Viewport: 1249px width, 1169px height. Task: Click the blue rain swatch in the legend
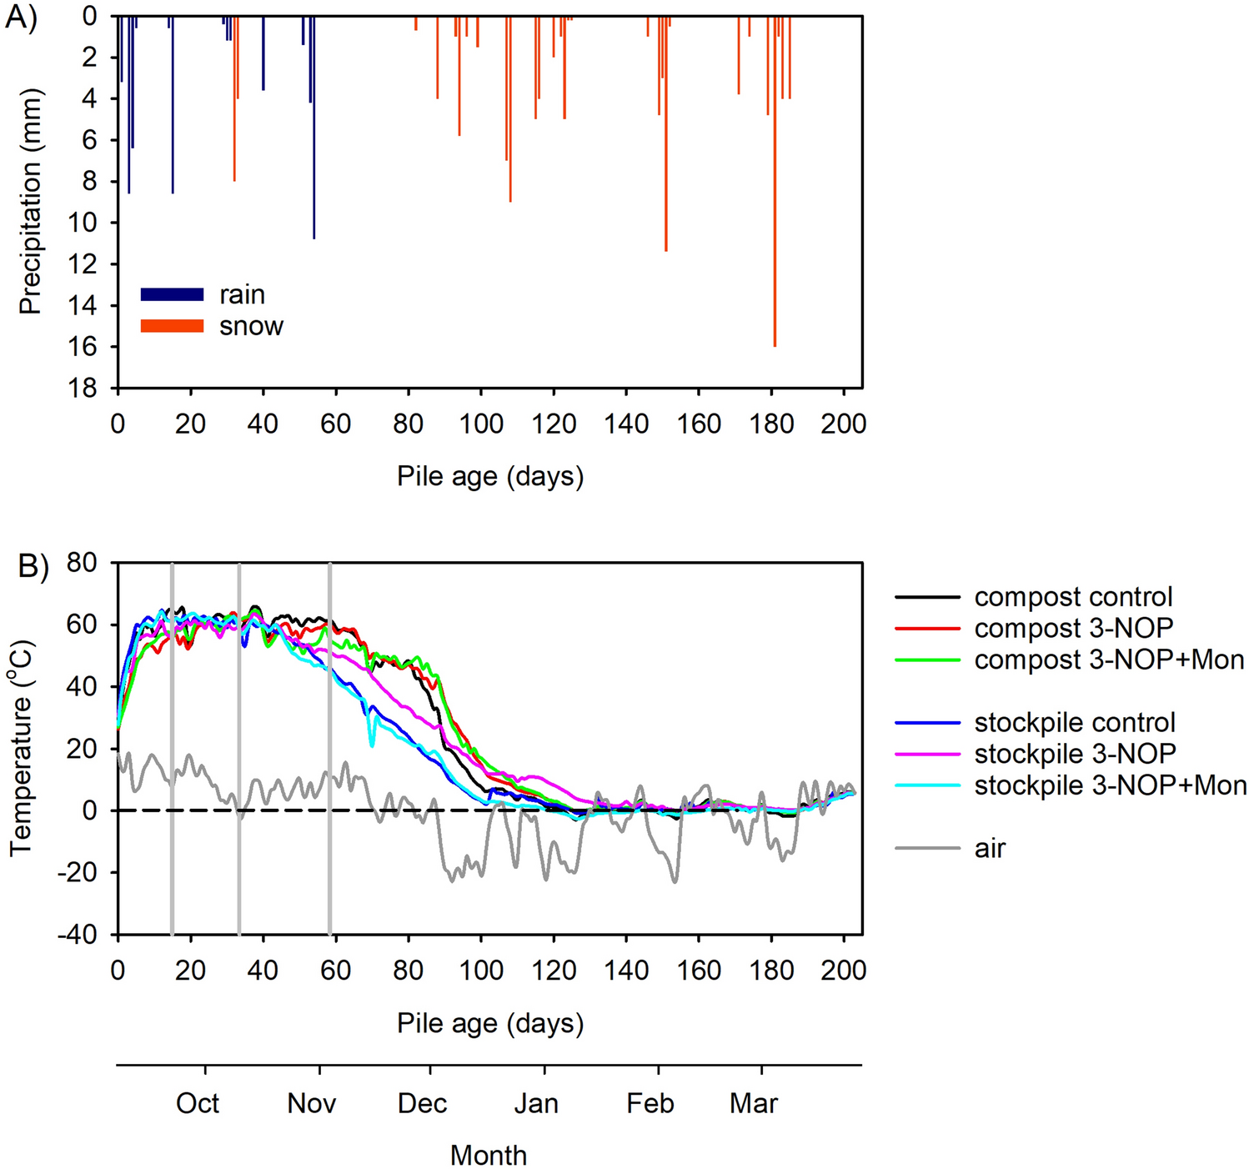172,294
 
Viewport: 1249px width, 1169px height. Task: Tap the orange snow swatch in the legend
172,326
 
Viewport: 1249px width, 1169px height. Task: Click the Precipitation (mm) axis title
30,202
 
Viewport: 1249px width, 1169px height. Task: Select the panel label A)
21,17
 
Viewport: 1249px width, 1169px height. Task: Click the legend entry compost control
1073,597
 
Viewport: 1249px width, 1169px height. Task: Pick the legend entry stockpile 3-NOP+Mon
1110,785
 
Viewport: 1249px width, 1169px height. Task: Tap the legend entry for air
990,848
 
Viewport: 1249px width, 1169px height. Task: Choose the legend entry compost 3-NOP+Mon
1109,660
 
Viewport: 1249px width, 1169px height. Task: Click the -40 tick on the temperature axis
78,935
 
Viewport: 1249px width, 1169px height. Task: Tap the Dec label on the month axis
422,1103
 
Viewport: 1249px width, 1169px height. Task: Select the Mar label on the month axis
753,1103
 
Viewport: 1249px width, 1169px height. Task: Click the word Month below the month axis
489,1155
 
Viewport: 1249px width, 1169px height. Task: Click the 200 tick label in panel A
843,424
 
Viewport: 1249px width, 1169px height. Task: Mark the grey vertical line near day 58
330,750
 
